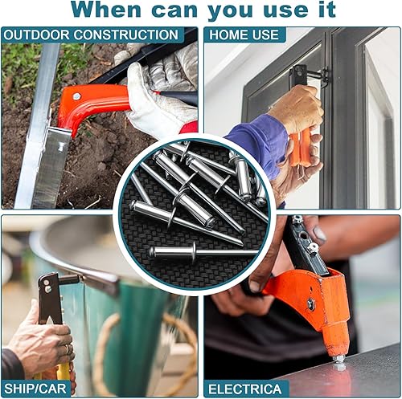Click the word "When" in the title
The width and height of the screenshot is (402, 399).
click(106, 9)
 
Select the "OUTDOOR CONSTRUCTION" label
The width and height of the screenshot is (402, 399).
click(91, 35)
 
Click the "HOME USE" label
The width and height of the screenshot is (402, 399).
click(244, 35)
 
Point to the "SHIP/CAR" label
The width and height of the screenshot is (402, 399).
click(35, 389)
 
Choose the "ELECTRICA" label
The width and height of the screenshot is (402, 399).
click(244, 389)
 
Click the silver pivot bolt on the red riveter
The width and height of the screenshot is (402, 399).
click(76, 96)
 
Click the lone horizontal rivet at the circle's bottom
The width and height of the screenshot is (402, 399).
click(203, 252)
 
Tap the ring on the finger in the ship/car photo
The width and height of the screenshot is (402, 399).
click(68, 348)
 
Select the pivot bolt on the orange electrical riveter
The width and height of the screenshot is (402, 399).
click(310, 304)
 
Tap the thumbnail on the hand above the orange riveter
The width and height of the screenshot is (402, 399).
click(319, 234)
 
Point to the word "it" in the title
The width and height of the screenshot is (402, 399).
click(326, 9)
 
